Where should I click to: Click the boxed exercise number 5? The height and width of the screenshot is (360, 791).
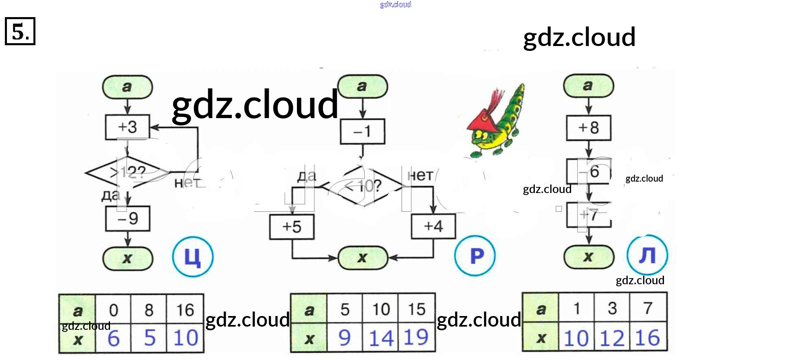20,31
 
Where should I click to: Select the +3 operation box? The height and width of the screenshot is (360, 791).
127,127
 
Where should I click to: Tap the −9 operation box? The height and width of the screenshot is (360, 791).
127,219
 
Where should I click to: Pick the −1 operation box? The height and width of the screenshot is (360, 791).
363,132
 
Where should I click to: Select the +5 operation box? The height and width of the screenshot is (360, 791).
292,227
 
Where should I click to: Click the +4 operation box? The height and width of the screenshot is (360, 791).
433,226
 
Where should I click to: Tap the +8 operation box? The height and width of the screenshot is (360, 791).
589,128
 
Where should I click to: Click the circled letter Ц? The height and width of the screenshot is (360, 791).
193,257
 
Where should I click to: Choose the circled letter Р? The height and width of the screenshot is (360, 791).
475,256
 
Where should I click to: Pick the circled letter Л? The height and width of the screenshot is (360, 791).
647,255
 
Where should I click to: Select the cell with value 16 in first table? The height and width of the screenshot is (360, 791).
185,310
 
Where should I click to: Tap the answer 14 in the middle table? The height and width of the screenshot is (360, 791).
381,338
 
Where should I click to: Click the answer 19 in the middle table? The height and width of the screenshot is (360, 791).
417,338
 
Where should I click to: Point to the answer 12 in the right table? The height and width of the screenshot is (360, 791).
612,338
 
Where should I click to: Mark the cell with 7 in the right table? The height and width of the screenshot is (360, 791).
648,308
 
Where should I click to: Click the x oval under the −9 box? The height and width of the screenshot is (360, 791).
127,258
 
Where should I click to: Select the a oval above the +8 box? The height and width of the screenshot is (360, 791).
588,86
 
